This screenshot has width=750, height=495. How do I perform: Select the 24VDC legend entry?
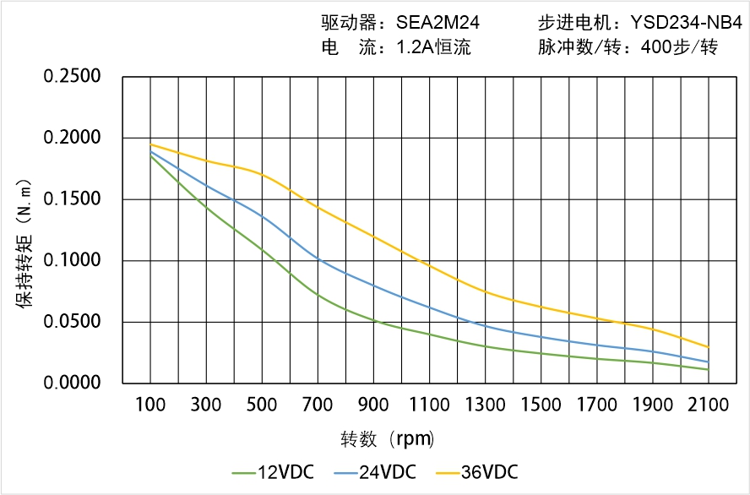375,471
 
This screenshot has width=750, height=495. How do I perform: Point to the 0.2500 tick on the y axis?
72,77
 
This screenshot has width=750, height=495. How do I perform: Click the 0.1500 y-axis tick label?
72,199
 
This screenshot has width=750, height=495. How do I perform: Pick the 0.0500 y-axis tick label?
72,322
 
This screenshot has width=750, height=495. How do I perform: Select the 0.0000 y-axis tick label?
72,383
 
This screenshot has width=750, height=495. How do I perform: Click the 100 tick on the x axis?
150,405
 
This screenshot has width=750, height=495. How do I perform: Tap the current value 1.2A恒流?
433,47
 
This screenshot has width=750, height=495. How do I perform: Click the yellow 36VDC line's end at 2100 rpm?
708,347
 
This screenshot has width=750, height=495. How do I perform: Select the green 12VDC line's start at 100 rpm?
150,155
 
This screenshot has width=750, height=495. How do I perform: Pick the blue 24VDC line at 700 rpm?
318,258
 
